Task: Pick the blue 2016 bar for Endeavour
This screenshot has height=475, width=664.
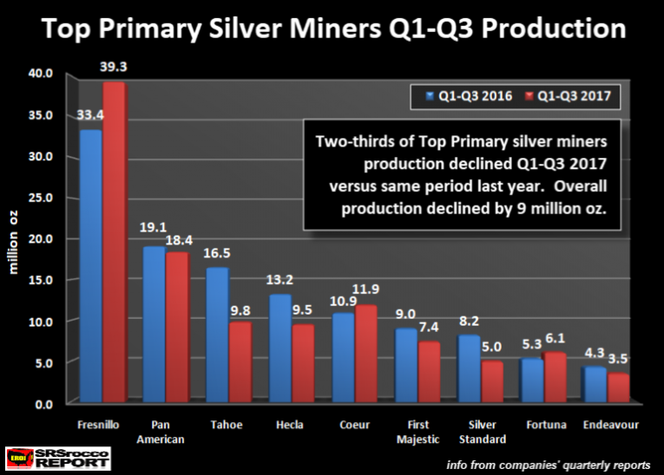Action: point(594,385)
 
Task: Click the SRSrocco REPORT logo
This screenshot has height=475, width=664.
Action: point(59,458)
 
